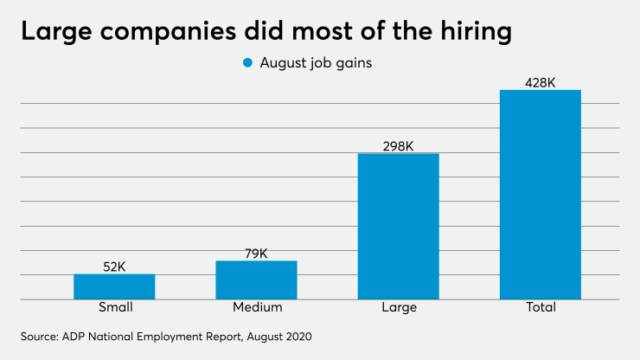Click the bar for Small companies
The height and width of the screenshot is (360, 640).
coord(114,286)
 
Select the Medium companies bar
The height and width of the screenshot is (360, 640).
coord(256,280)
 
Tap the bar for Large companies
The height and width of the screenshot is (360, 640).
coord(399,226)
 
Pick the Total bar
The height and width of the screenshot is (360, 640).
coord(541,195)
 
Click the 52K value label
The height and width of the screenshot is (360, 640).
coord(114,267)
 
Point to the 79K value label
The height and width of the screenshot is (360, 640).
coord(256,254)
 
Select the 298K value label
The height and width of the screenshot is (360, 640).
coord(399,146)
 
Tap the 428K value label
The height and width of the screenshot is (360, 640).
coord(541,83)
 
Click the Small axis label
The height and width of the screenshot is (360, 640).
coord(114,307)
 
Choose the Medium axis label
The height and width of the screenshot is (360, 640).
coord(256,307)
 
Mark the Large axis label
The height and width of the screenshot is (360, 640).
coord(399,307)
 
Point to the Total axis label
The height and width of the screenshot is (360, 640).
coord(541,307)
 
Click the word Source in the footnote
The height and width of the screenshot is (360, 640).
coord(42,334)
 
